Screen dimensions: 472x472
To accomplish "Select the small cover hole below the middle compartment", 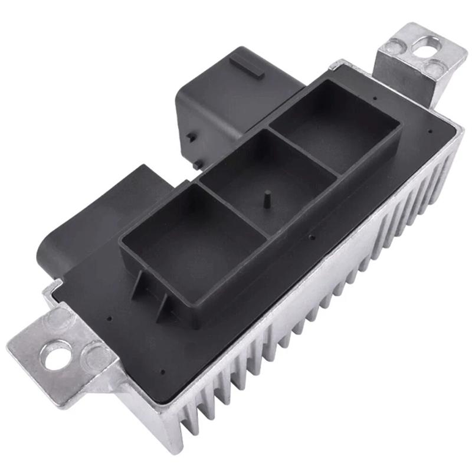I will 311,237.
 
